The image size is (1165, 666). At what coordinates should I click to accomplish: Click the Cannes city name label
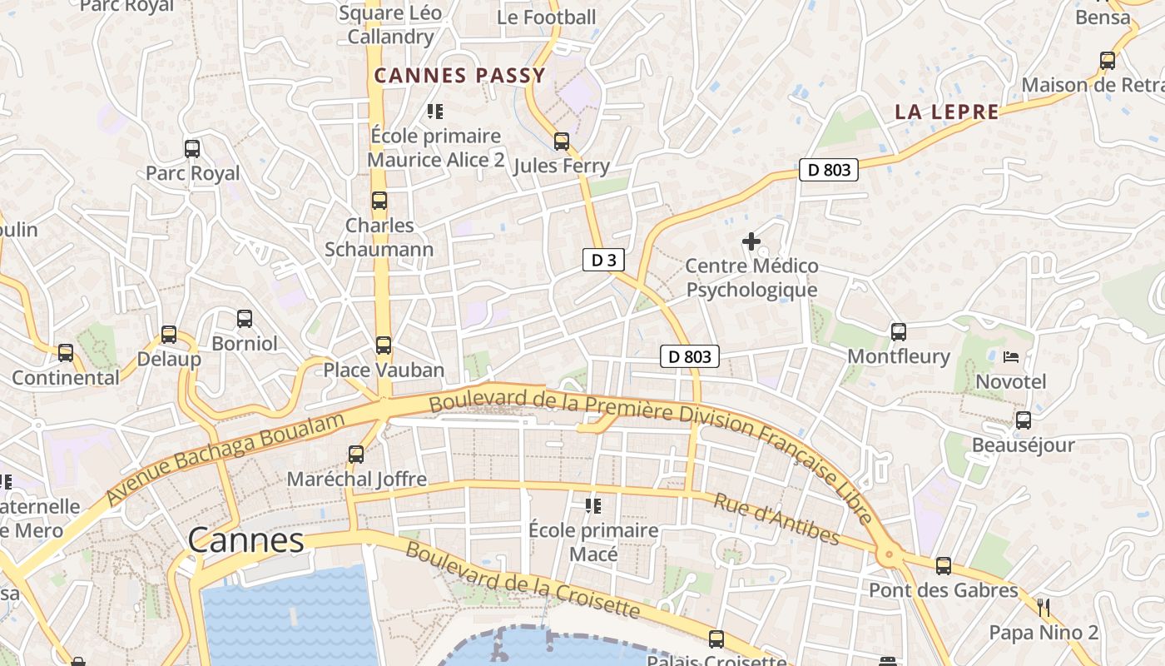[245, 541]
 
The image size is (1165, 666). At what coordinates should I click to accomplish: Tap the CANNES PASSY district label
[459, 76]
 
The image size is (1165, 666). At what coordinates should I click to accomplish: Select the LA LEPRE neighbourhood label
[947, 112]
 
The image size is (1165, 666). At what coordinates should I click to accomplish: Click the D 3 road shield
[603, 261]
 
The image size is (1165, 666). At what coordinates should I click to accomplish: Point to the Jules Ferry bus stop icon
[562, 142]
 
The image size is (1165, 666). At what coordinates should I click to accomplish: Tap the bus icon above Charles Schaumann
[379, 201]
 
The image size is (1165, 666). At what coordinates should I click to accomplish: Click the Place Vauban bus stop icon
[383, 345]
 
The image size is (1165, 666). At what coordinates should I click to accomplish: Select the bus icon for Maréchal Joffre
[356, 455]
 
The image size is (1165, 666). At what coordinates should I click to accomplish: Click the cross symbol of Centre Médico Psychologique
[751, 242]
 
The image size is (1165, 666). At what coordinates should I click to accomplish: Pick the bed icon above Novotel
[1011, 357]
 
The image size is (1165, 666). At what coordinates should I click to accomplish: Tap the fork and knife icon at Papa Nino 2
[1044, 608]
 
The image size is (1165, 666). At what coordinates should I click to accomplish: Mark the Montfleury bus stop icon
[899, 332]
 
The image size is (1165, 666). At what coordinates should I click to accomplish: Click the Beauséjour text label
[1024, 445]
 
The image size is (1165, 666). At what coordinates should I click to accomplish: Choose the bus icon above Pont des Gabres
[944, 566]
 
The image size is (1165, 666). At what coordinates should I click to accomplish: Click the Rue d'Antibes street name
[776, 519]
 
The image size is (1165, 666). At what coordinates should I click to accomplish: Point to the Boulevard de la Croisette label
[523, 581]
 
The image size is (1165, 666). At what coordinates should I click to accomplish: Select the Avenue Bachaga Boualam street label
[225, 459]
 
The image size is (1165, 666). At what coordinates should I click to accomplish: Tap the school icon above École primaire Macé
[593, 505]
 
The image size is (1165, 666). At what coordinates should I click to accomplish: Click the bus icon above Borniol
[244, 319]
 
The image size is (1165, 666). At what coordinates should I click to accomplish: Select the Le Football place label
[547, 17]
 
